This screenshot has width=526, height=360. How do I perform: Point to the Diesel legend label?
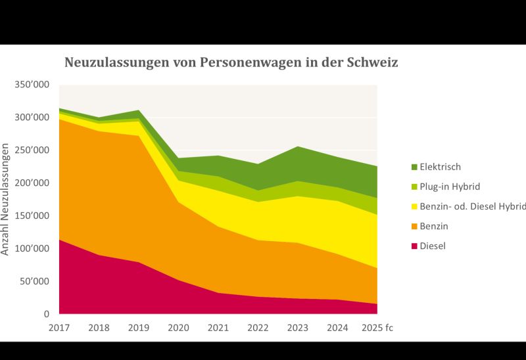click(432, 246)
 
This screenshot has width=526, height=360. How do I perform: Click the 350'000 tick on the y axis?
click(31, 85)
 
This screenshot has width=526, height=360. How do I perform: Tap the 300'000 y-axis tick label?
click(31, 118)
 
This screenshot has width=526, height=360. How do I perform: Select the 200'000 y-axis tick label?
click(31, 183)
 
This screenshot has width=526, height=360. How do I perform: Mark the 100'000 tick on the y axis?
click(31, 249)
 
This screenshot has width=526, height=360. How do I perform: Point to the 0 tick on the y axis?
click(47, 315)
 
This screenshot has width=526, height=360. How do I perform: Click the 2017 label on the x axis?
click(59, 327)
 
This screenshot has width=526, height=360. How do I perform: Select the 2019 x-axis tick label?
click(139, 327)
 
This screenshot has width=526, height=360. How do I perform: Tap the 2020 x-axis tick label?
click(179, 327)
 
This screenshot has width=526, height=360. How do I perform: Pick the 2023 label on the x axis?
click(298, 327)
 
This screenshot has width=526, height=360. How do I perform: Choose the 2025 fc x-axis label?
click(377, 327)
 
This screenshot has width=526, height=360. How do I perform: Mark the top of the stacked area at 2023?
click(298, 146)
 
